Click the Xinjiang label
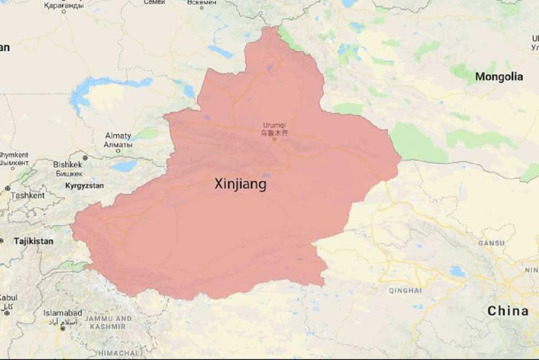pyautogui.click(x=240, y=184)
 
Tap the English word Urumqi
pyautogui.click(x=274, y=126)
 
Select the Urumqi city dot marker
pyautogui.click(x=274, y=138)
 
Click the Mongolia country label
pyautogui.click(x=499, y=77)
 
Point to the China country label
pyautogui.click(x=508, y=310)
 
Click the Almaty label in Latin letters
pyautogui.click(x=118, y=135)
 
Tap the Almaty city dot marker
pyautogui.click(x=118, y=151)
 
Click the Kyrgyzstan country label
pyautogui.click(x=85, y=185)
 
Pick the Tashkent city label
pyautogui.click(x=27, y=196)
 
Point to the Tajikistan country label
pyautogui.click(x=33, y=241)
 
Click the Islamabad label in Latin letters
pyautogui.click(x=63, y=312)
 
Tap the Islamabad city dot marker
pyautogui.click(x=63, y=328)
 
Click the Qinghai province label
pyautogui.click(x=405, y=291)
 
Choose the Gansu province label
pyautogui.click(x=491, y=243)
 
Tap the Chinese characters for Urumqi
pyautogui.click(x=274, y=133)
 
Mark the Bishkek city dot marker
pyautogui.click(x=85, y=158)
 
